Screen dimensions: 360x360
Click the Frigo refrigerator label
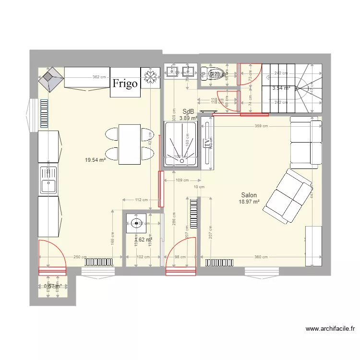click(125, 84)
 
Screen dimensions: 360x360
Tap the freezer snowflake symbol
click(150, 78)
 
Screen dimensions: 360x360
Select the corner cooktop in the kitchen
click(51, 79)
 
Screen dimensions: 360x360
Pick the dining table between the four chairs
click(130, 144)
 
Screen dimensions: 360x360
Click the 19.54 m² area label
click(96, 160)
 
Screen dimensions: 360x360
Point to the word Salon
click(249, 195)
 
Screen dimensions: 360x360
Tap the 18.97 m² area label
click(249, 202)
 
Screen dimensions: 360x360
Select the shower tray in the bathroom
click(180, 144)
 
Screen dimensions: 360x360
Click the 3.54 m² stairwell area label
click(281, 88)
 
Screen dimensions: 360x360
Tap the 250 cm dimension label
click(80, 257)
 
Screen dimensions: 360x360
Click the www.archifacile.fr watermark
click(330, 329)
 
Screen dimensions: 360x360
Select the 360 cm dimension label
click(261, 257)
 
